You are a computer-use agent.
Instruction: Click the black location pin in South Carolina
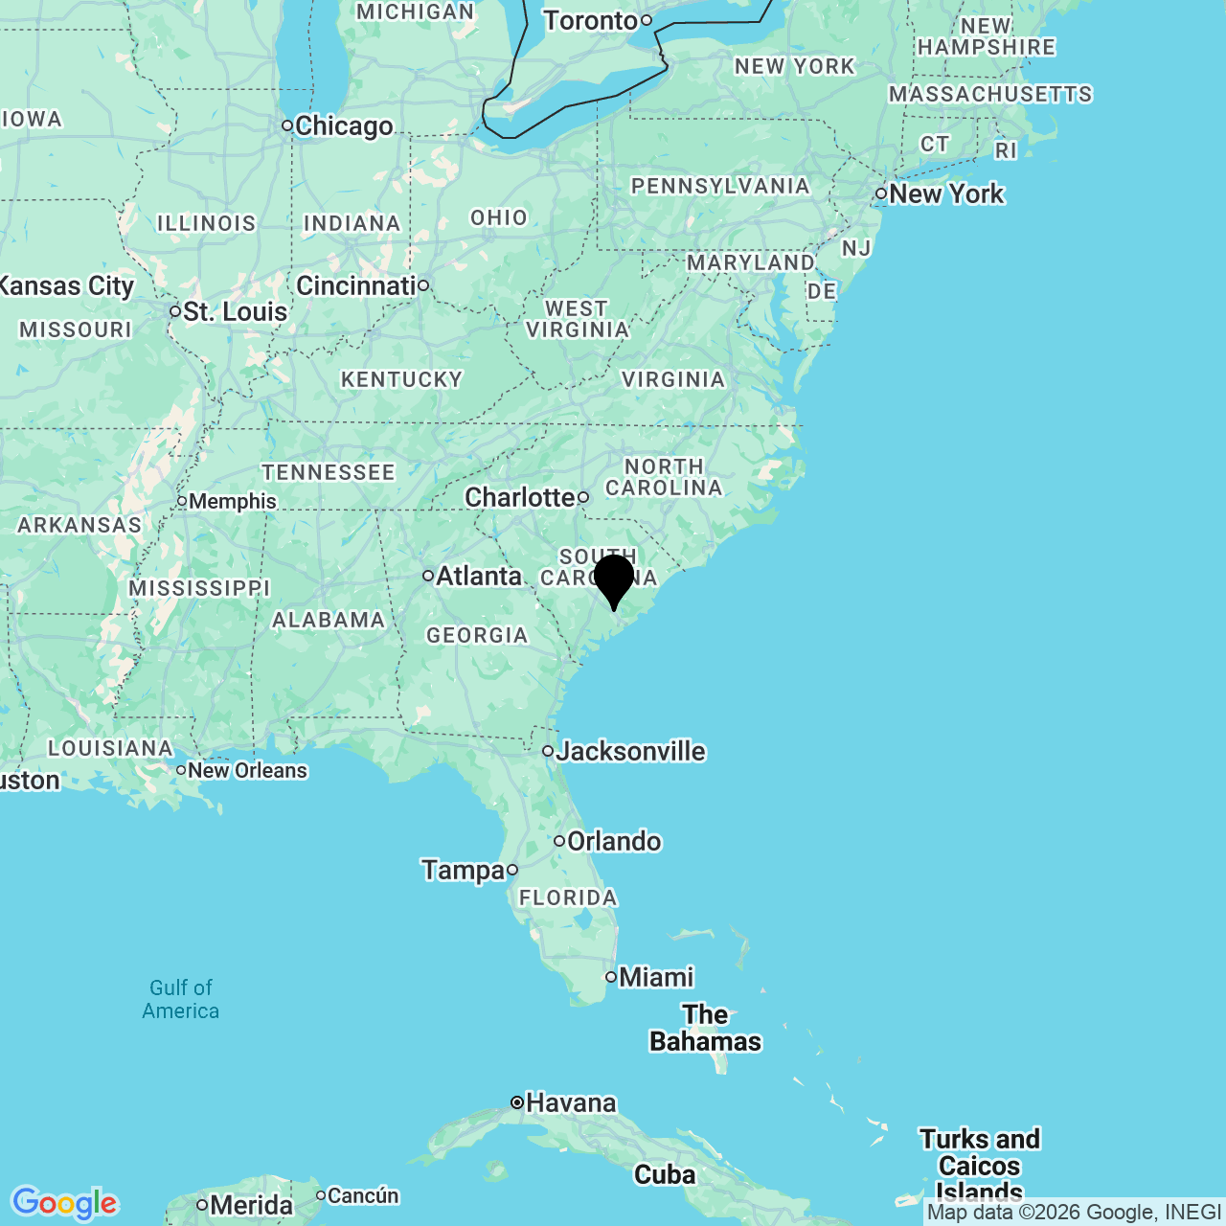(614, 579)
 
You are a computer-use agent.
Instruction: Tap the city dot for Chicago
(286, 125)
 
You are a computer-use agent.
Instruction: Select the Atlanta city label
(479, 576)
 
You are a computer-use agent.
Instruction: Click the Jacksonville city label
(630, 751)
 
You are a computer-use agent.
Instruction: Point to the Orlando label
(614, 841)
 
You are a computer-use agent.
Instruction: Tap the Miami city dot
(611, 977)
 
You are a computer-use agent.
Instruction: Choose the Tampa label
(463, 870)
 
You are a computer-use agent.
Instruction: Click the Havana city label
(571, 1102)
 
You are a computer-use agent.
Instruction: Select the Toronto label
(590, 20)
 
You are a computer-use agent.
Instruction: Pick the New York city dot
(881, 193)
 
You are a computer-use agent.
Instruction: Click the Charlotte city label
(519, 497)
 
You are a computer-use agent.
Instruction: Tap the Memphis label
(233, 501)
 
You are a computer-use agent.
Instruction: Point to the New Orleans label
(247, 770)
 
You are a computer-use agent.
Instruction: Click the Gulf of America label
(181, 999)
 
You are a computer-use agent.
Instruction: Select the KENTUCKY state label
(402, 379)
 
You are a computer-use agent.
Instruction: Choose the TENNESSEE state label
(329, 472)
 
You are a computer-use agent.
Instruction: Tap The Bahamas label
(706, 1028)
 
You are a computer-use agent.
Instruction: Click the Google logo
(64, 1203)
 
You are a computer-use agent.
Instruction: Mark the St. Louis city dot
(175, 311)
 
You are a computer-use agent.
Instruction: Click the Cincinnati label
(355, 285)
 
